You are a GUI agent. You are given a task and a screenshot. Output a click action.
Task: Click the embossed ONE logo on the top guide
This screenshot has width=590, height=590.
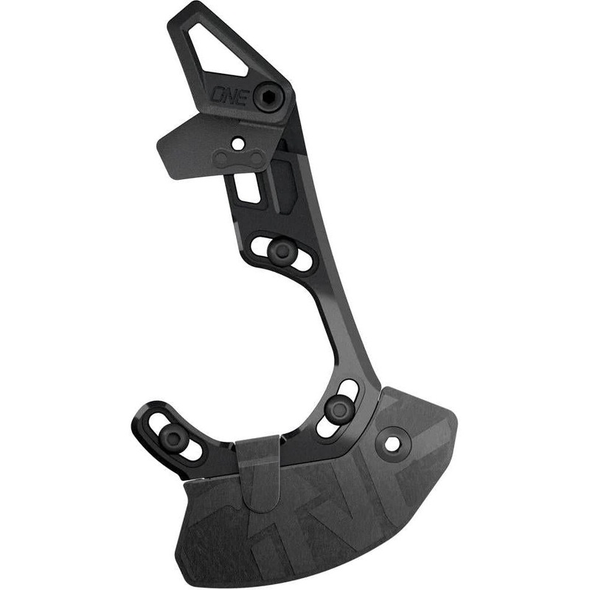230,96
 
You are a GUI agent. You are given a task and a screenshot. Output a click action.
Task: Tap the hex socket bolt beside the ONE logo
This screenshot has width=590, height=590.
266,98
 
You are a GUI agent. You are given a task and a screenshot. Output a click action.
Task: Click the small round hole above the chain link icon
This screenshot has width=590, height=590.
237,140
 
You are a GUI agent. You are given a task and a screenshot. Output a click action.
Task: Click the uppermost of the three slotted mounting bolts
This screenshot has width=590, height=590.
282,251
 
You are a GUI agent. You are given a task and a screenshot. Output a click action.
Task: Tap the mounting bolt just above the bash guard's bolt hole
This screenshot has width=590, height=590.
339,408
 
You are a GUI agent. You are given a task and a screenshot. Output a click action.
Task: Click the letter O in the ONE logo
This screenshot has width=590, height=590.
219,96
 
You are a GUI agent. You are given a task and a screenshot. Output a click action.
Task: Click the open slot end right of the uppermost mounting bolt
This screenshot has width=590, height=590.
303,259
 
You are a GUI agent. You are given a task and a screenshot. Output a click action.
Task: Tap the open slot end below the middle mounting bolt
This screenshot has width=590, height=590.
324,428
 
